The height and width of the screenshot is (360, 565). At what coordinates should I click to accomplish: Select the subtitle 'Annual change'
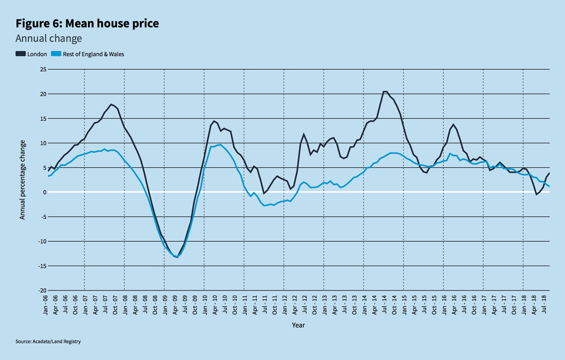[49, 38]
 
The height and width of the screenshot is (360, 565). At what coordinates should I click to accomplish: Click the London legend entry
[32, 54]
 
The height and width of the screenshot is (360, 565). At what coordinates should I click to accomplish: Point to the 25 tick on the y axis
[43, 70]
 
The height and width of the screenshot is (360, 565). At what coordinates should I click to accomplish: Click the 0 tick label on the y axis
[44, 192]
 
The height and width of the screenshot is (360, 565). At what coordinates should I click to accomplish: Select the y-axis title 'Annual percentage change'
[22, 180]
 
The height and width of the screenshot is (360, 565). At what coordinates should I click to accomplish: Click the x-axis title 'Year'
[298, 325]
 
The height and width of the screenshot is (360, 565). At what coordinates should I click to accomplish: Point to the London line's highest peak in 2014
[385, 91]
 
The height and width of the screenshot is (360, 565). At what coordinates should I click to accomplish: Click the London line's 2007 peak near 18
[111, 104]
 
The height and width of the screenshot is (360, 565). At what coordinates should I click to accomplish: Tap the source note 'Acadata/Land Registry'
[48, 341]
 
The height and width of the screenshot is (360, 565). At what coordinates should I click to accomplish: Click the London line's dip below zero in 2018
[536, 194]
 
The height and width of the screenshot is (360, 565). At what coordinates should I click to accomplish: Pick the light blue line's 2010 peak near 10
[220, 145]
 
